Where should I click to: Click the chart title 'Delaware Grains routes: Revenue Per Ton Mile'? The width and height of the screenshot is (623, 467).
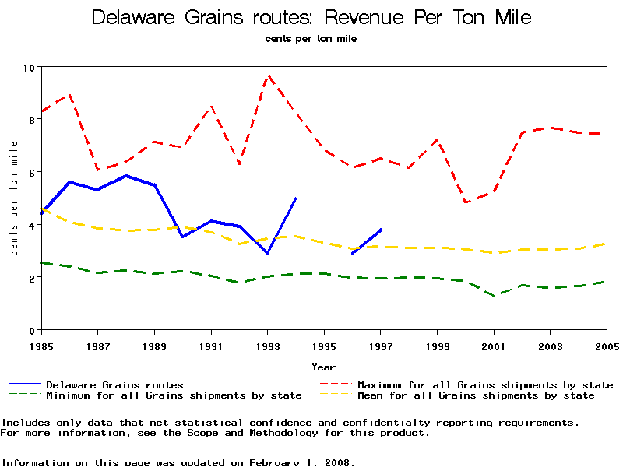311,17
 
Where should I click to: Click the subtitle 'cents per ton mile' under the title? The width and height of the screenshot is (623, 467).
311,37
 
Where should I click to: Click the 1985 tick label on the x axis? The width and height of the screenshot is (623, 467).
41,346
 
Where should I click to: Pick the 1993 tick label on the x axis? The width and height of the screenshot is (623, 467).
267,346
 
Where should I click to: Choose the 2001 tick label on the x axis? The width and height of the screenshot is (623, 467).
494,346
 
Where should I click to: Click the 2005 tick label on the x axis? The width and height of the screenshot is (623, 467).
606,346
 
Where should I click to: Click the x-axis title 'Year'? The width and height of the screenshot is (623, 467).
323,367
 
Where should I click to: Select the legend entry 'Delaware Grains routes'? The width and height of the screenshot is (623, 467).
114,384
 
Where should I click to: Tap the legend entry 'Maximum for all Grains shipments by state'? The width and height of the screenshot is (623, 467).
484,384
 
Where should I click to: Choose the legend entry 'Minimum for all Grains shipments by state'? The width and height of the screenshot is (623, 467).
173,395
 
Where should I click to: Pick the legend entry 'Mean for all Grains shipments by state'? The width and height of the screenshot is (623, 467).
475,395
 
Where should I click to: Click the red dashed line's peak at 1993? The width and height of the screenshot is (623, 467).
268,75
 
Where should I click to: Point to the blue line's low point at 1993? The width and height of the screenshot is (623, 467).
268,253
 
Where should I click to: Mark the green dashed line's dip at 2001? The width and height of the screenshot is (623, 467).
494,296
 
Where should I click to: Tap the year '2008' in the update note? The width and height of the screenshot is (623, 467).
337,462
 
